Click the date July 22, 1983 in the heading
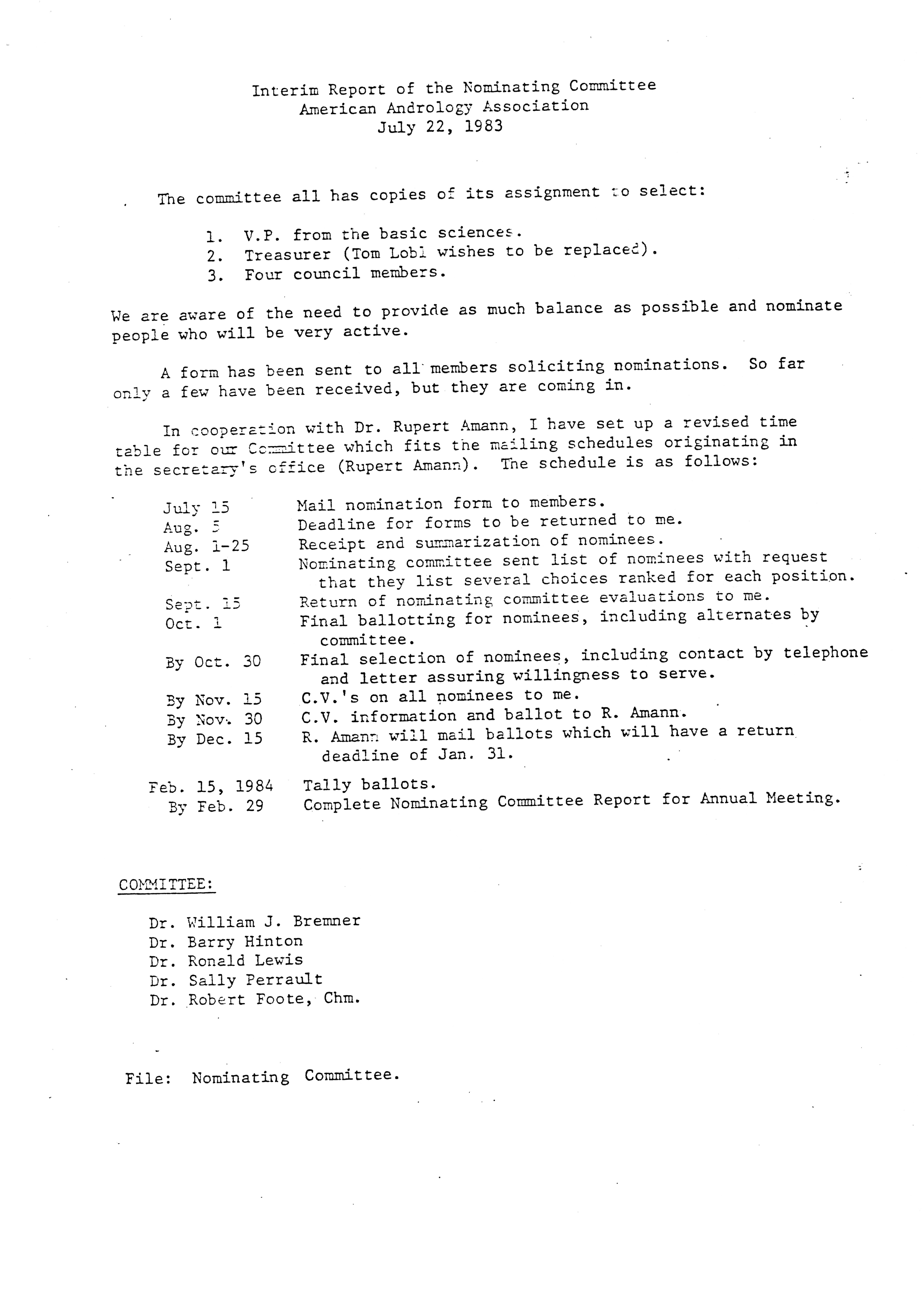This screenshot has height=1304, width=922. coord(440,126)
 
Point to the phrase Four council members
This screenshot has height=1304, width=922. coord(345,274)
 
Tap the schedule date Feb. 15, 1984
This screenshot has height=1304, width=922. coord(211,787)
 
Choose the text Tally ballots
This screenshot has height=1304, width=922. coord(369,784)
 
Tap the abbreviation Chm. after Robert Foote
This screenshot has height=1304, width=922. coord(342,998)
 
